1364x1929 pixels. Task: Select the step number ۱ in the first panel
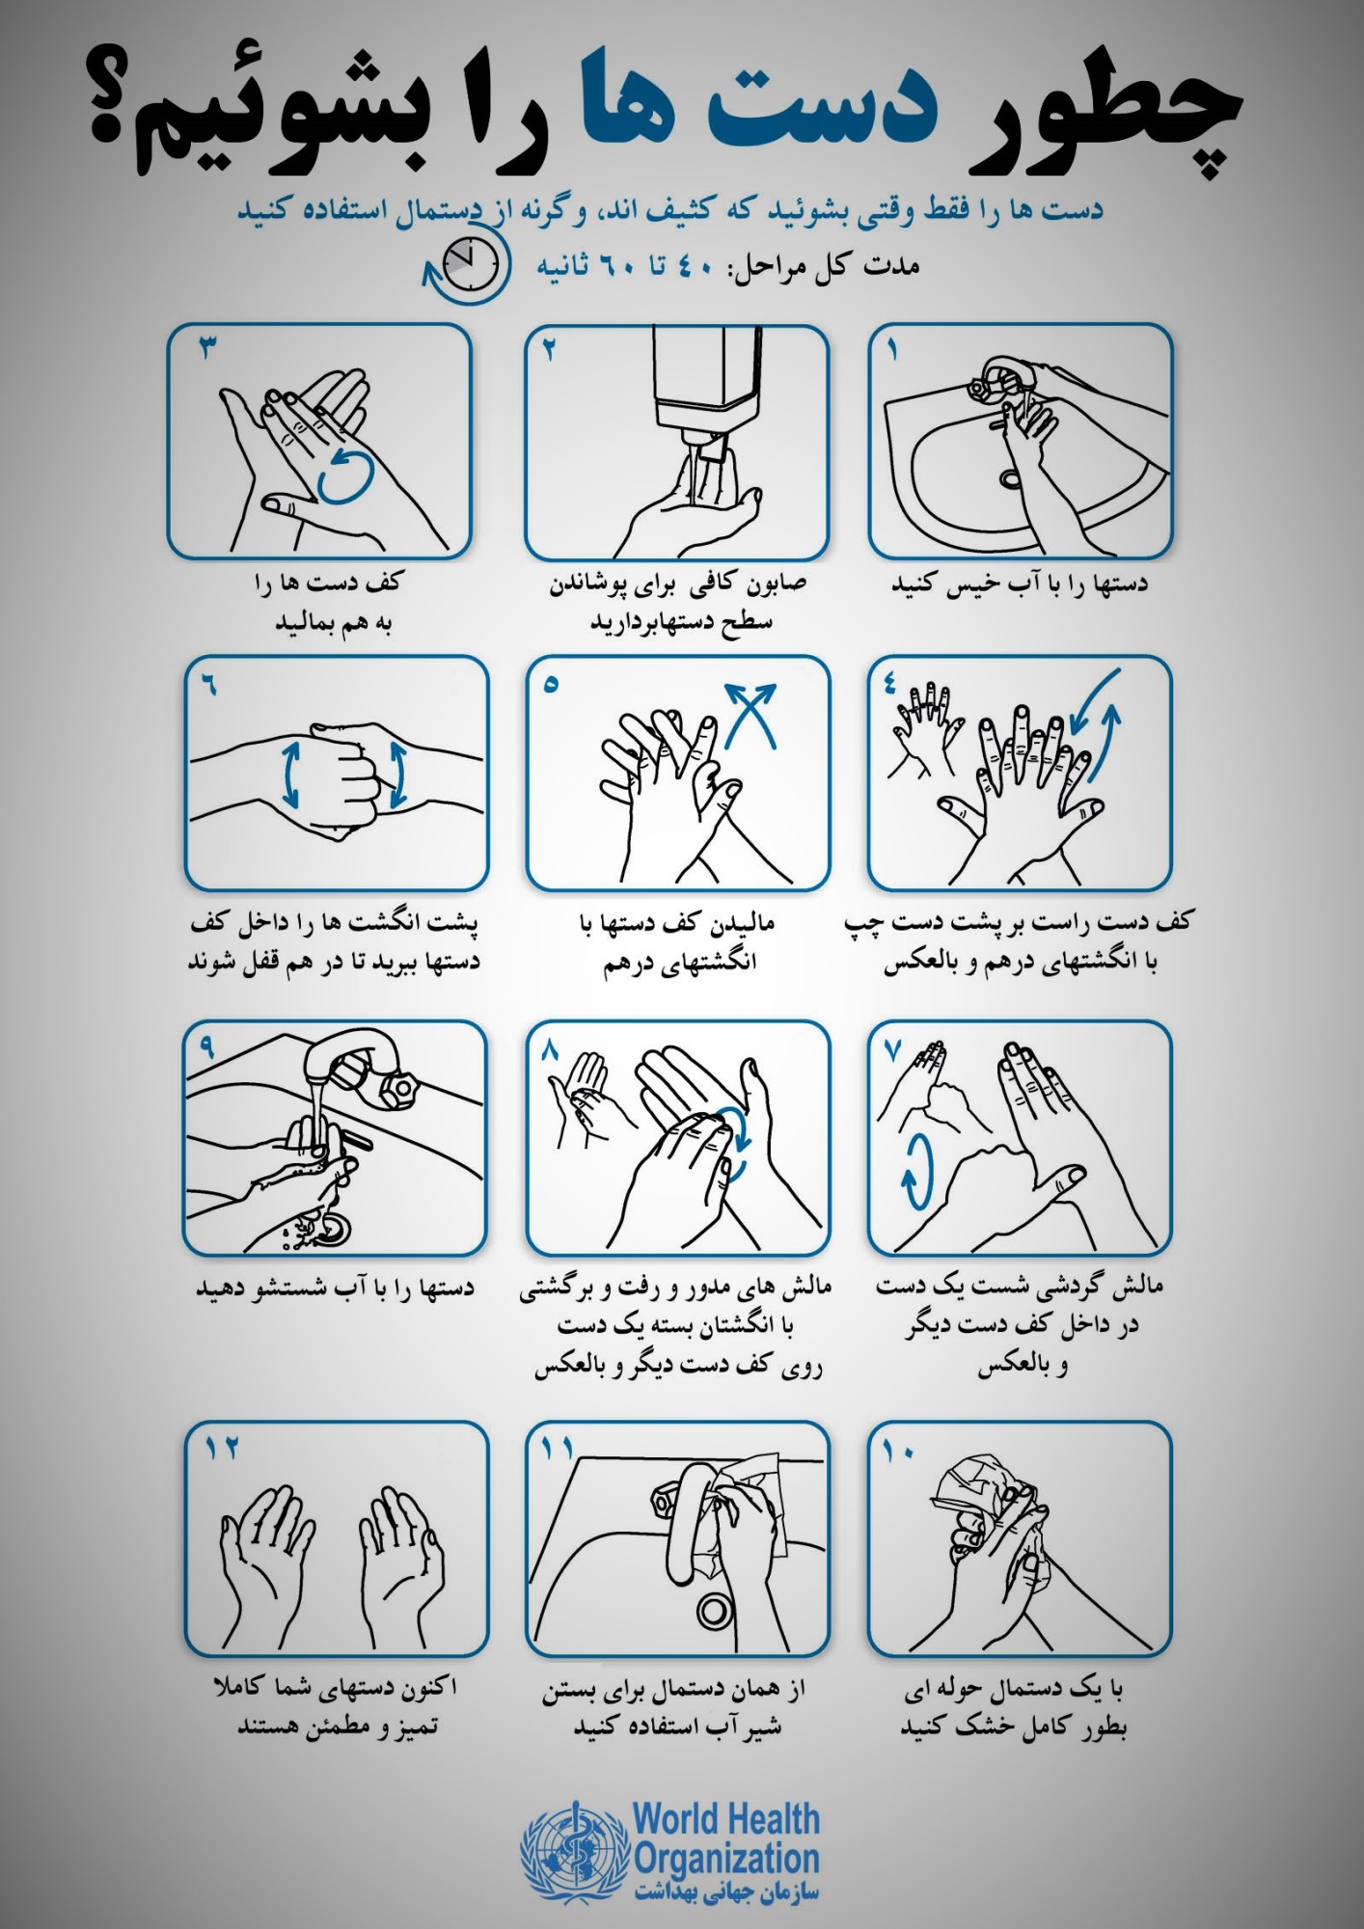[893, 347]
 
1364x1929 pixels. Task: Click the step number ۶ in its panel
[210, 685]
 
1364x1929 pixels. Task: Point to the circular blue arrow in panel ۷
[917, 1170]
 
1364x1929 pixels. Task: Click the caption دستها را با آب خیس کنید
[1020, 584]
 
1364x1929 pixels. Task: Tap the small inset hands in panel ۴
[927, 725]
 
